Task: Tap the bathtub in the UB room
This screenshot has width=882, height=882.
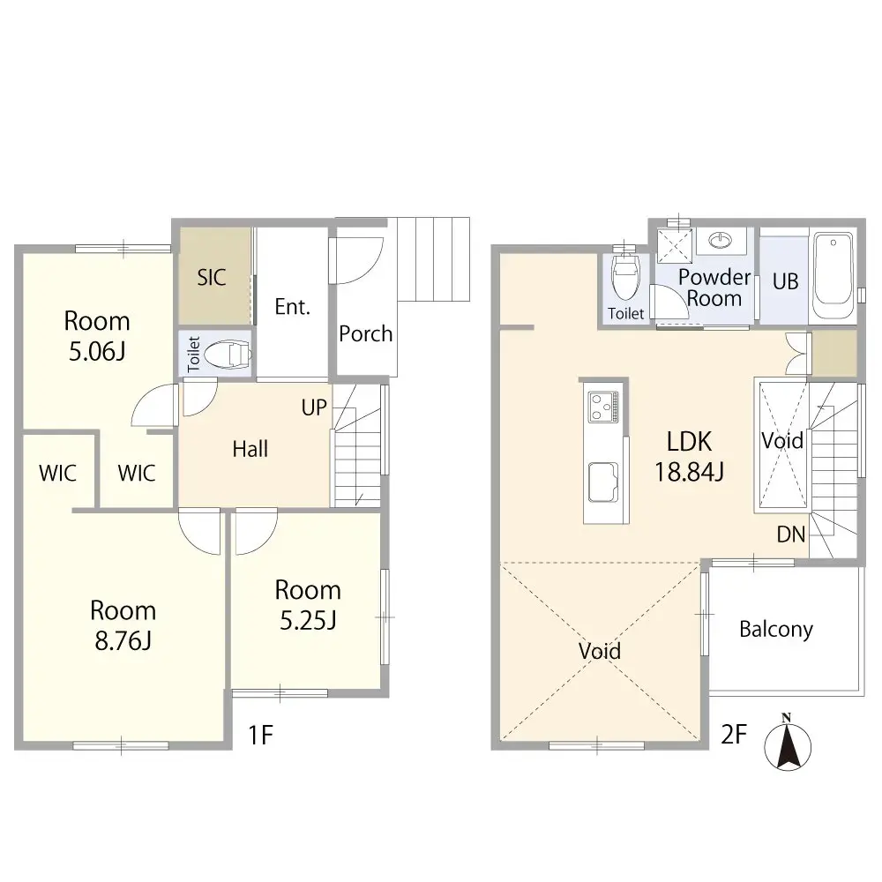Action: [x=832, y=276]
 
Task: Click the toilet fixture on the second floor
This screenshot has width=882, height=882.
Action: [x=625, y=277]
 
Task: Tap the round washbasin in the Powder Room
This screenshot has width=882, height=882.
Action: [x=721, y=240]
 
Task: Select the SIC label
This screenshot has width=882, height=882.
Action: [x=212, y=278]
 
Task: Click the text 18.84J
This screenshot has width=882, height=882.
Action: [x=689, y=472]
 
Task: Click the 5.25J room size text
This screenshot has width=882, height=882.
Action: [x=307, y=621]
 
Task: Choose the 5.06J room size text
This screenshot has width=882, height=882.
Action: [x=96, y=352]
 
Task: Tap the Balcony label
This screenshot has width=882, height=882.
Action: [x=775, y=629]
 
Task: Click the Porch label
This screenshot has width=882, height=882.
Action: [x=365, y=334]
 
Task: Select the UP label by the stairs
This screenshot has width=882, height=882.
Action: [x=315, y=408]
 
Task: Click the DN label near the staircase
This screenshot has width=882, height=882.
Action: [x=789, y=534]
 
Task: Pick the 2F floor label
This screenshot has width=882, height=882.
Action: [x=735, y=734]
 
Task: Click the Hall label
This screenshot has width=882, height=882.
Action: [x=250, y=450]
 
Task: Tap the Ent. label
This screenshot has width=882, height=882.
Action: [x=292, y=308]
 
